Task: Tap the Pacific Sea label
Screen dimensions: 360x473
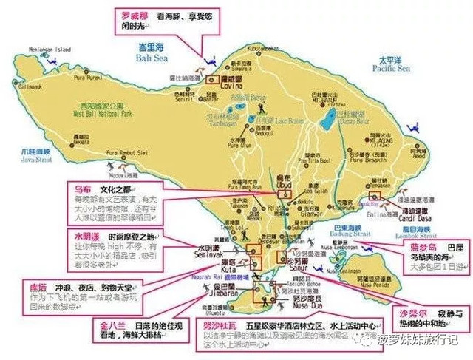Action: [392, 69]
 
